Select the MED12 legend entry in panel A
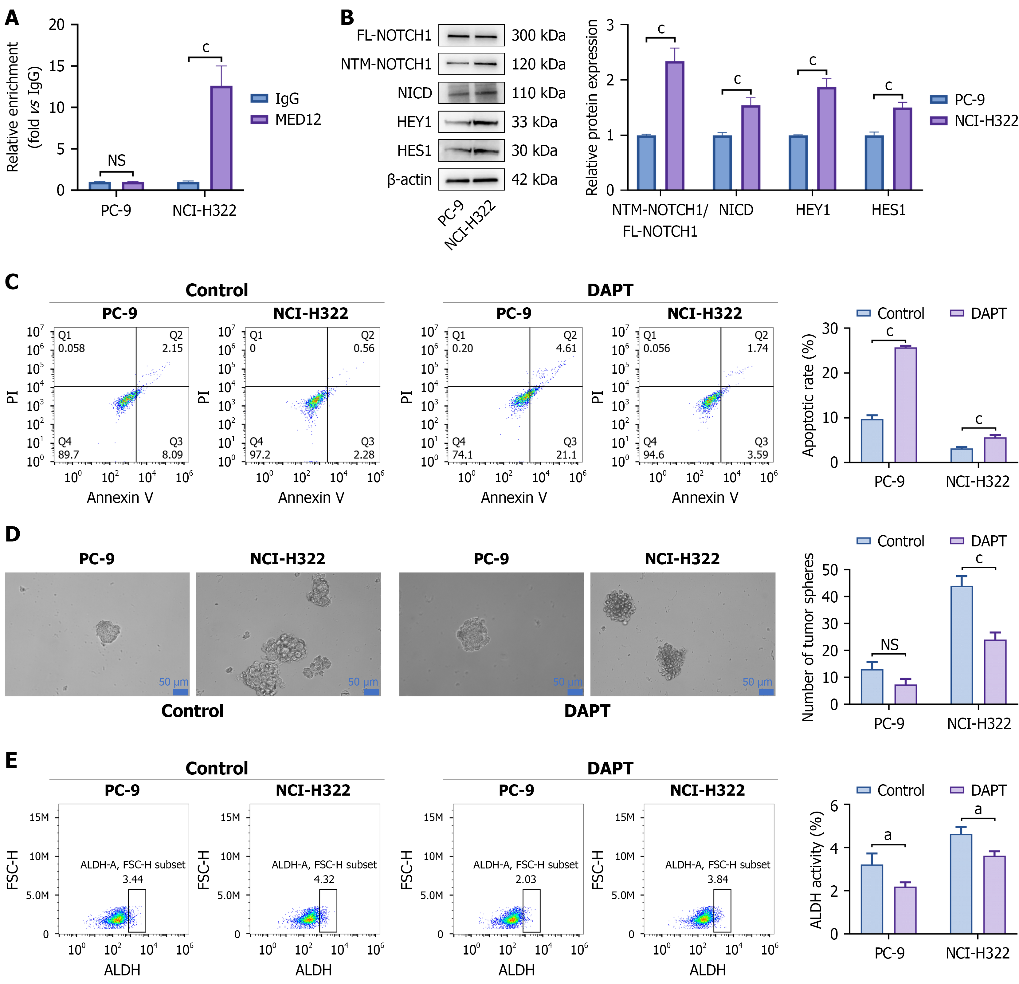286,120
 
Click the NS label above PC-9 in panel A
116,160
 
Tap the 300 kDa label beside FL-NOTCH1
539,35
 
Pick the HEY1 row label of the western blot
414,122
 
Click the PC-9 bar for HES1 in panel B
874,163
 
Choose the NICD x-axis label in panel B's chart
736,210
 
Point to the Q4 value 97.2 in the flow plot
260,455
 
